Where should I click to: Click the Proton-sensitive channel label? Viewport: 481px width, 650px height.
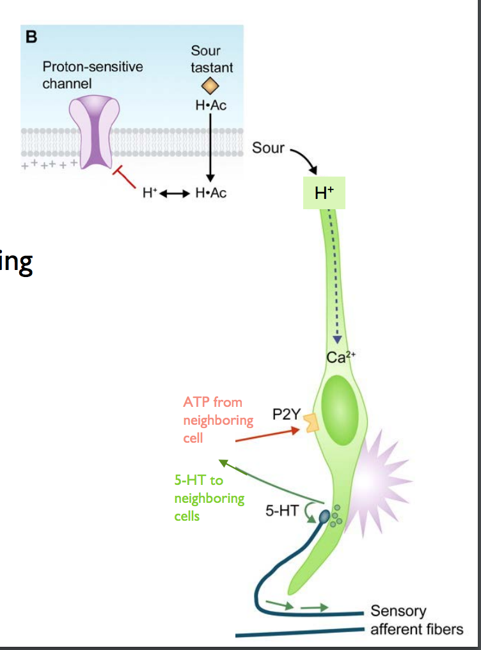coord(93,75)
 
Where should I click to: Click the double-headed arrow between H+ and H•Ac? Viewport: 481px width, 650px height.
coord(173,193)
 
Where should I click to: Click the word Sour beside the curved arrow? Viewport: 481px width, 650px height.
coord(268,148)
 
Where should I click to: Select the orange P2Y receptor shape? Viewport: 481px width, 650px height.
coord(311,423)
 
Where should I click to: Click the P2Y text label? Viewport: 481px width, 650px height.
coord(286,414)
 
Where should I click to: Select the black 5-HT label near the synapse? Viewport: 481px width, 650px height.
coord(280,511)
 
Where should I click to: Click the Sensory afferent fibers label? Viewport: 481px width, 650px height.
coord(416,620)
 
